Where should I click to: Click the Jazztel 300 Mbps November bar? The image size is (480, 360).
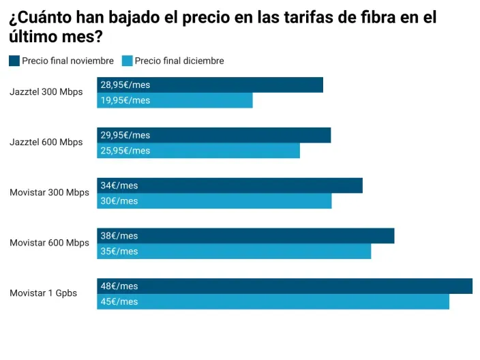[x=210, y=85]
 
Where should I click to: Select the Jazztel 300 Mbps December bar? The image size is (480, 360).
[x=175, y=101]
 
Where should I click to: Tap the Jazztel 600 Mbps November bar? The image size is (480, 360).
[x=213, y=135]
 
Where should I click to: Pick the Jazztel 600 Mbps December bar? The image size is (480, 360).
[x=198, y=151]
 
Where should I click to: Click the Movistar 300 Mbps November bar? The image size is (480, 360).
[x=230, y=185]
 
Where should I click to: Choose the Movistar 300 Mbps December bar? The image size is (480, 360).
[x=214, y=201]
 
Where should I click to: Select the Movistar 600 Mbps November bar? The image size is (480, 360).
[x=245, y=236]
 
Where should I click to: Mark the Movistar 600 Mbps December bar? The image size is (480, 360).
[x=234, y=252]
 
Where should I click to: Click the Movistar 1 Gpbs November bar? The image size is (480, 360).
[x=284, y=286]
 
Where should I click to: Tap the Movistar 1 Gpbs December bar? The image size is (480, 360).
[x=273, y=302]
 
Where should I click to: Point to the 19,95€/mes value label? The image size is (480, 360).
[x=125, y=101]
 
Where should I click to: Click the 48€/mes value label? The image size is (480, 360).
[x=119, y=286]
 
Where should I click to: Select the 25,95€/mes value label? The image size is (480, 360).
[x=125, y=151]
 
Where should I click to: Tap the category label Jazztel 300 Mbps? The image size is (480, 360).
[x=46, y=92]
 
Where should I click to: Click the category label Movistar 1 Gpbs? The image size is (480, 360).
[x=43, y=293]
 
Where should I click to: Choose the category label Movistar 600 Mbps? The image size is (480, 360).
[x=49, y=243]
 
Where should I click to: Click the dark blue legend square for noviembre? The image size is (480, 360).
[x=14, y=61]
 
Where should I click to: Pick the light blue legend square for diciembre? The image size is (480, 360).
[x=127, y=61]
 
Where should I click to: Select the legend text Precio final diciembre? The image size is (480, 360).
[x=179, y=61]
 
